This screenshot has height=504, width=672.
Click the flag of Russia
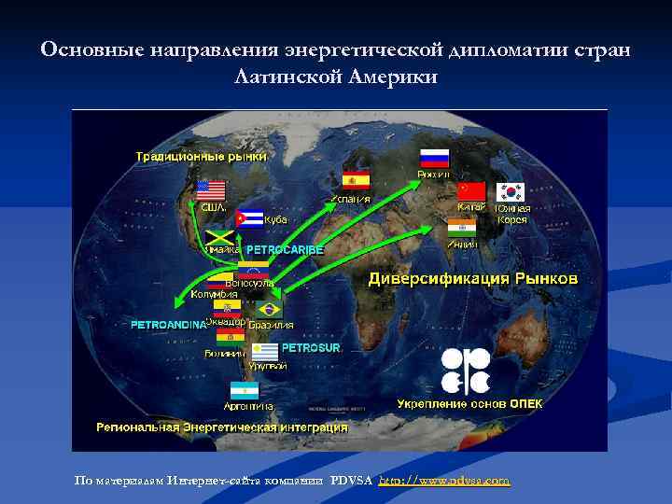(x=434, y=158)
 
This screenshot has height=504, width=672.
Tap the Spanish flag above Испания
(x=356, y=180)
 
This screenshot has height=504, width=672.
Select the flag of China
(x=471, y=191)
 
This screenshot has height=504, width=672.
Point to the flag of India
(x=461, y=228)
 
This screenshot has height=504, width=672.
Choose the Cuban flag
(x=249, y=217)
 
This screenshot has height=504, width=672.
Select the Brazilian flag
(x=269, y=309)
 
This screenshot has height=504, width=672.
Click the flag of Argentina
(x=245, y=390)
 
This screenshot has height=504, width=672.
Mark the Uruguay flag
(x=266, y=352)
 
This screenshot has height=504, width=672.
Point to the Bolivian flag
(x=231, y=336)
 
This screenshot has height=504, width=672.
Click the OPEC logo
(x=464, y=371)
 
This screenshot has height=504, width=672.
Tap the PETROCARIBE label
(x=285, y=250)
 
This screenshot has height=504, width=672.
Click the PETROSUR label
(x=312, y=347)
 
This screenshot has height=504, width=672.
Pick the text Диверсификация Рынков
(x=473, y=279)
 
